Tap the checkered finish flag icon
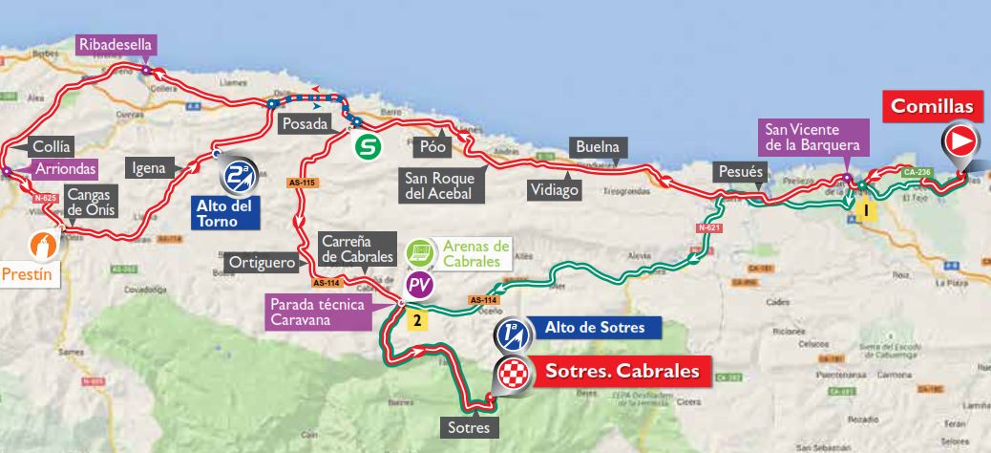(x=512, y=374)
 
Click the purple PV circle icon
(x=418, y=284)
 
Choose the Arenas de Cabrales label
(x=474, y=252)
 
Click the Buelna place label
(x=598, y=147)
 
